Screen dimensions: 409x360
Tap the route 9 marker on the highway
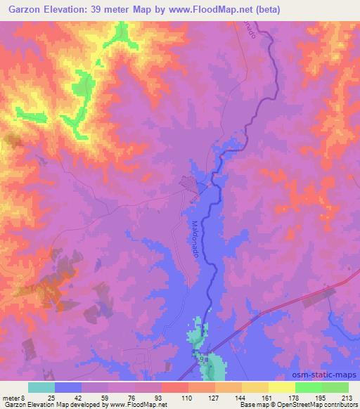point(203,358)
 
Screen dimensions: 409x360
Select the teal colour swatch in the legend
point(41,387)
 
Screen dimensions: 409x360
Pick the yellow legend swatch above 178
point(281,387)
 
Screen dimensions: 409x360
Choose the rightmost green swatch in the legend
point(335,387)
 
